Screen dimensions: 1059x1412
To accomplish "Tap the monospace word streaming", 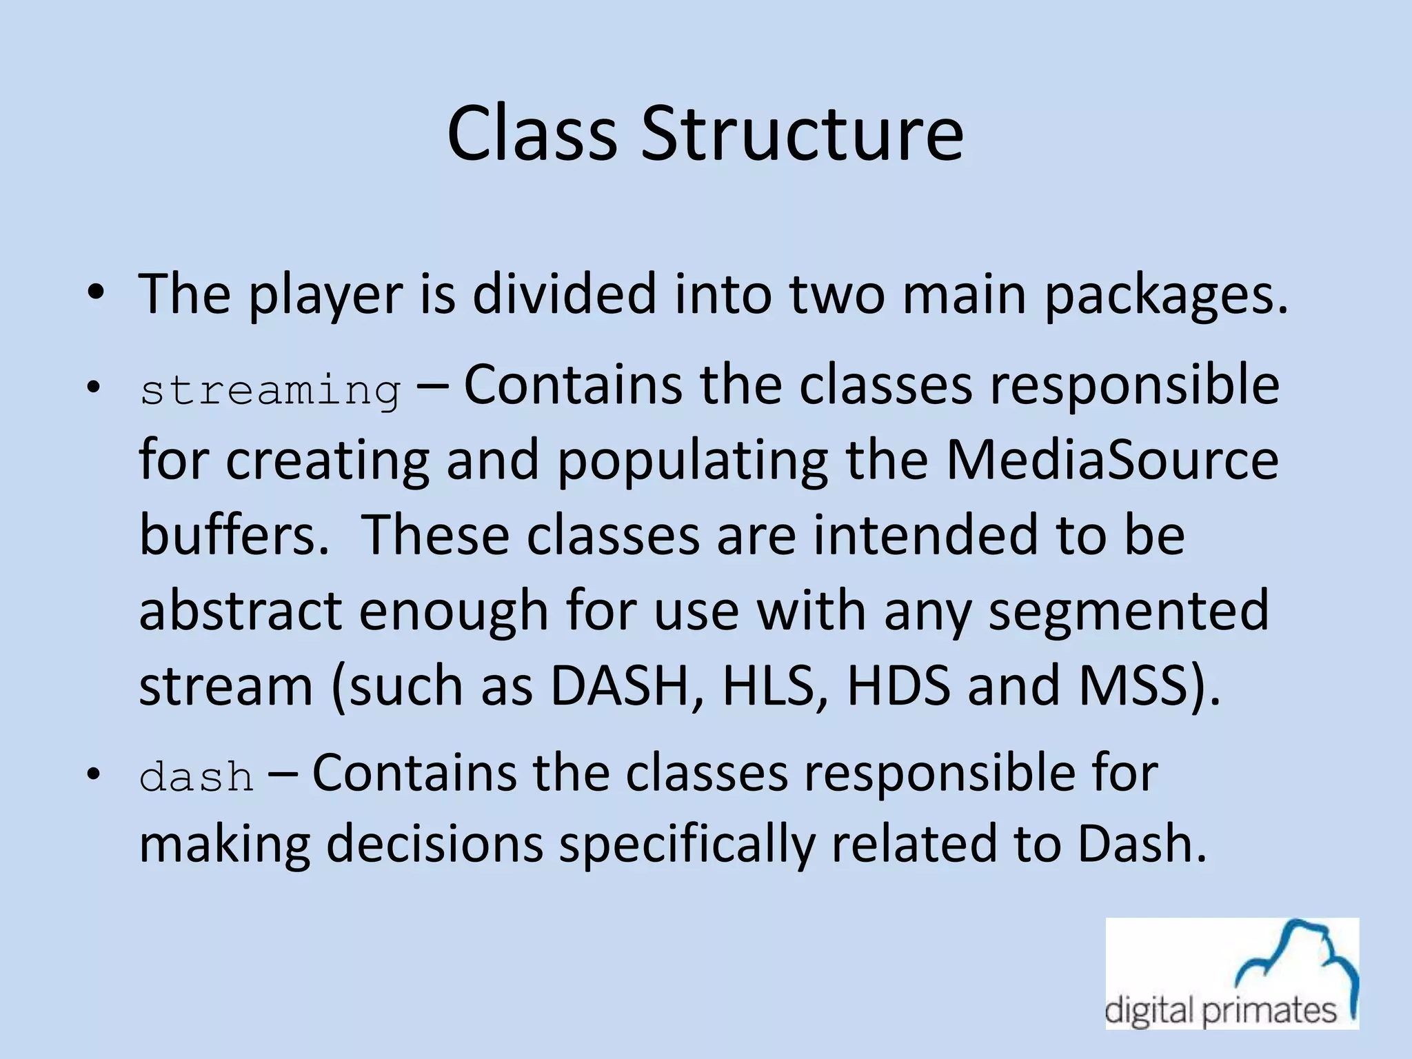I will [x=270, y=391].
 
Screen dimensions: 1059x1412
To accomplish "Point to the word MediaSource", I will [x=1112, y=460].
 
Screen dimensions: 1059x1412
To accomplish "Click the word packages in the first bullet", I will [x=1165, y=295].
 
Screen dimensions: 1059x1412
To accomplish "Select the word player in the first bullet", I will [x=325, y=295].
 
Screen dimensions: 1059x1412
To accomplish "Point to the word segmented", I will [x=1129, y=610].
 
